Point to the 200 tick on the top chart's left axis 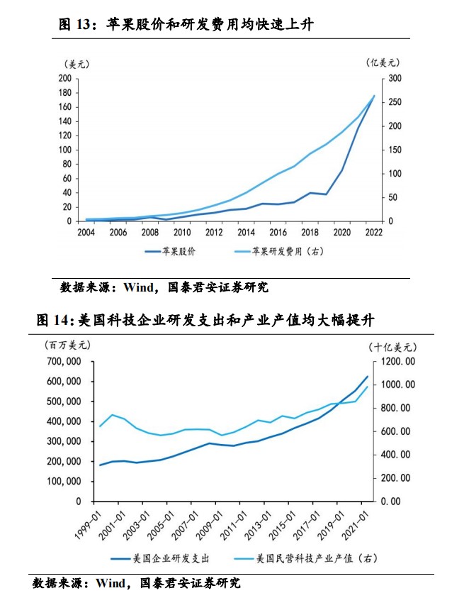(x=64, y=78)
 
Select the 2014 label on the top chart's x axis (x=247, y=232)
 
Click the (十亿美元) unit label (x=392, y=347)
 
